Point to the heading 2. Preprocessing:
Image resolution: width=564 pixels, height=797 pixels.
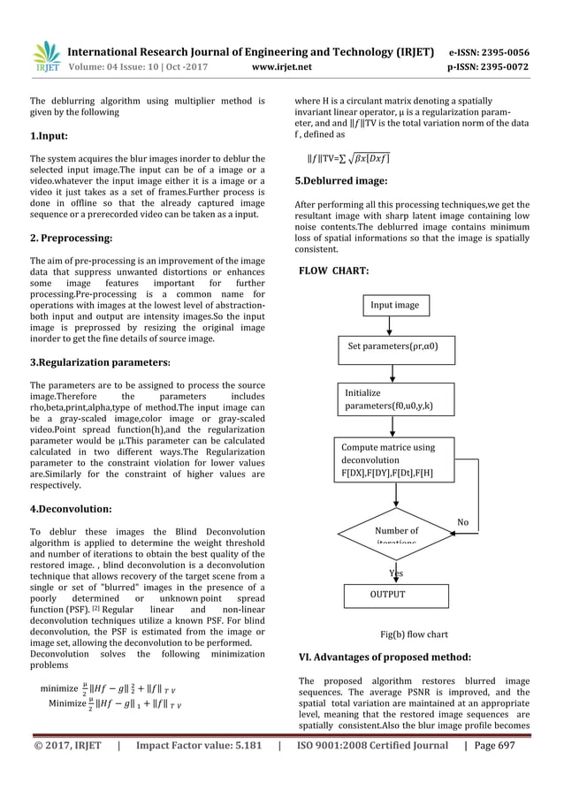click(x=71, y=239)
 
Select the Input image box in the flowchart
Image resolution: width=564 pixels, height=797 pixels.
click(x=394, y=305)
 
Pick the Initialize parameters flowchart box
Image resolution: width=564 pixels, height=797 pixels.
click(x=394, y=399)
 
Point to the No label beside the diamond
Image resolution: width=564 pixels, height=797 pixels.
click(x=462, y=522)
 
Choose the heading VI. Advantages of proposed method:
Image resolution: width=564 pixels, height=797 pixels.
click(x=385, y=657)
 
